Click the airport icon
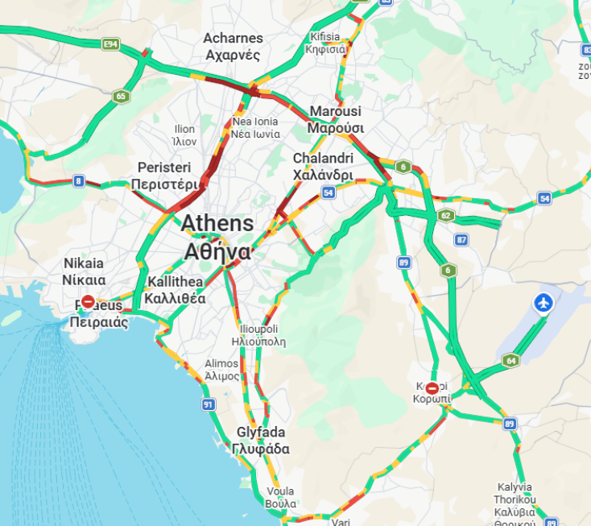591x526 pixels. [x=544, y=304]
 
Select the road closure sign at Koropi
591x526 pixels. [x=433, y=388]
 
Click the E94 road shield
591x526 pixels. [x=111, y=43]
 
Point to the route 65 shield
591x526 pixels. [x=121, y=97]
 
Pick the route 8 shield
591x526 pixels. [x=78, y=180]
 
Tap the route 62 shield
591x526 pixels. [x=445, y=215]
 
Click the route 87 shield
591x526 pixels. [x=461, y=239]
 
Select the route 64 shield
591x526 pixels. [x=510, y=360]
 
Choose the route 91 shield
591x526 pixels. [x=209, y=404]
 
